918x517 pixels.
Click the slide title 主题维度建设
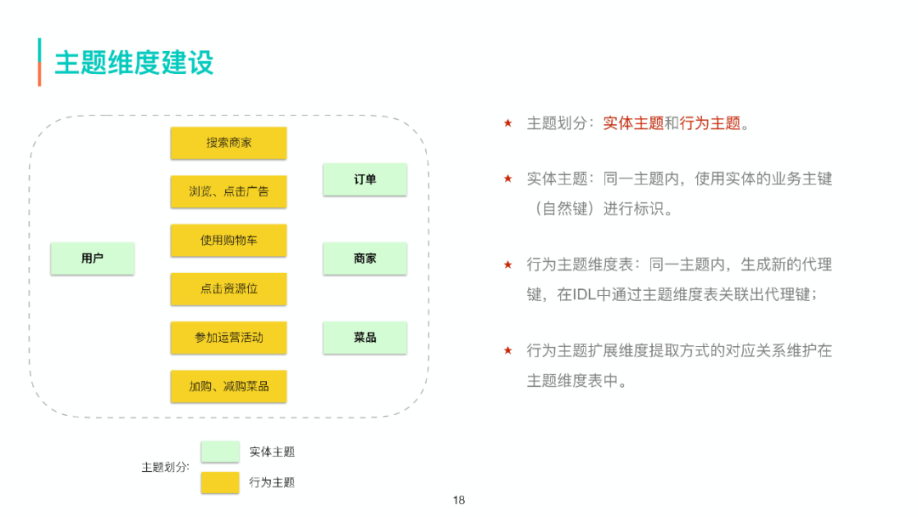point(133,62)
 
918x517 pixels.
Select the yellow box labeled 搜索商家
point(229,143)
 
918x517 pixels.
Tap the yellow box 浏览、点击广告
point(229,191)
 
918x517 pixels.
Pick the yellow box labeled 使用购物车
point(229,240)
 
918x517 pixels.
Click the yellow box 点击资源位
point(229,288)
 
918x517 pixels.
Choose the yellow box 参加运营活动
point(229,337)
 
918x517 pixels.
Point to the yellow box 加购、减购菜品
point(229,385)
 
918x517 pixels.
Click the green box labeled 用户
point(93,258)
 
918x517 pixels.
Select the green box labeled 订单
point(365,179)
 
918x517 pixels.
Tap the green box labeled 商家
point(365,258)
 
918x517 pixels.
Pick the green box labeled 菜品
point(365,337)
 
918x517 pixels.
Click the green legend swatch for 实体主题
point(220,452)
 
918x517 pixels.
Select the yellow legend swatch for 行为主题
point(220,482)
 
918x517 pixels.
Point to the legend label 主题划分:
point(165,467)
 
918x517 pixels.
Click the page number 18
point(459,500)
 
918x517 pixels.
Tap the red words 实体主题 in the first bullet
point(633,123)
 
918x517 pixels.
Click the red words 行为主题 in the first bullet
point(710,123)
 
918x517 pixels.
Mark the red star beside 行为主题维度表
point(507,264)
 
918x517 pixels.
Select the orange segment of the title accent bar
point(39,74)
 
